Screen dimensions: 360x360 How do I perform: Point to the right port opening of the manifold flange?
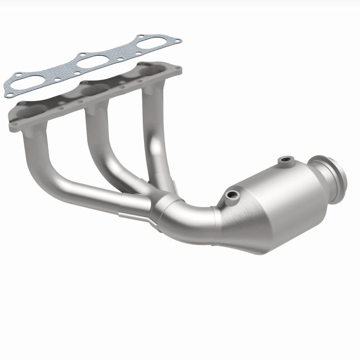151,71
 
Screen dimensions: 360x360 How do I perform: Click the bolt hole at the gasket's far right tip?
178,41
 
